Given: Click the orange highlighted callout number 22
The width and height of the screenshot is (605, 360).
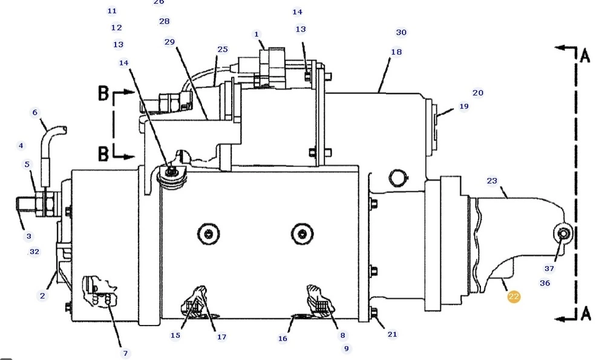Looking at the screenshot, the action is tap(514, 296).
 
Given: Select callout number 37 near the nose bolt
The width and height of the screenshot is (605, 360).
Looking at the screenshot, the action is tap(549, 269).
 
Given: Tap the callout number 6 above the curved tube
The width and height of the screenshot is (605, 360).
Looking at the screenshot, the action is tap(34, 113).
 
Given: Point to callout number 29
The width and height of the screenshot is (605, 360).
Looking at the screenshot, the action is tap(169, 42).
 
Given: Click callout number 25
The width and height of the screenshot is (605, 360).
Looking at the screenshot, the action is tap(223, 50).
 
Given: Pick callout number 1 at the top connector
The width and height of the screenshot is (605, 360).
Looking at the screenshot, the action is tap(256, 34).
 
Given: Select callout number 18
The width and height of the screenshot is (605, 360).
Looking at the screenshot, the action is tap(396, 51).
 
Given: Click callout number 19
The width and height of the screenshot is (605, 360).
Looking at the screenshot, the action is tap(464, 106).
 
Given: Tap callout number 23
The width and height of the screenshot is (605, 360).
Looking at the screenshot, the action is tap(492, 180).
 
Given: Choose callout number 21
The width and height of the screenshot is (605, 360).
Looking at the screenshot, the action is tap(392, 334).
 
